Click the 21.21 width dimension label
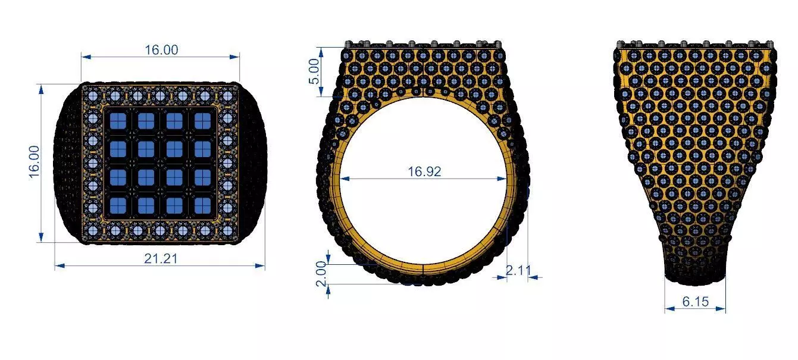(x=161, y=259)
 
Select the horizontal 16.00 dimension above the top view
(x=161, y=50)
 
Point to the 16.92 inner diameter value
(x=424, y=172)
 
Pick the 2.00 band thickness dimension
(x=322, y=273)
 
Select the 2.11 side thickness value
(x=518, y=270)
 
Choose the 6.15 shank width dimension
(x=695, y=302)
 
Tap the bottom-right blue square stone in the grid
(x=202, y=205)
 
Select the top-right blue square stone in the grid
(x=202, y=121)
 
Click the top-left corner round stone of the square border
(x=93, y=96)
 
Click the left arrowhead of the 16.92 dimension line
(x=343, y=179)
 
